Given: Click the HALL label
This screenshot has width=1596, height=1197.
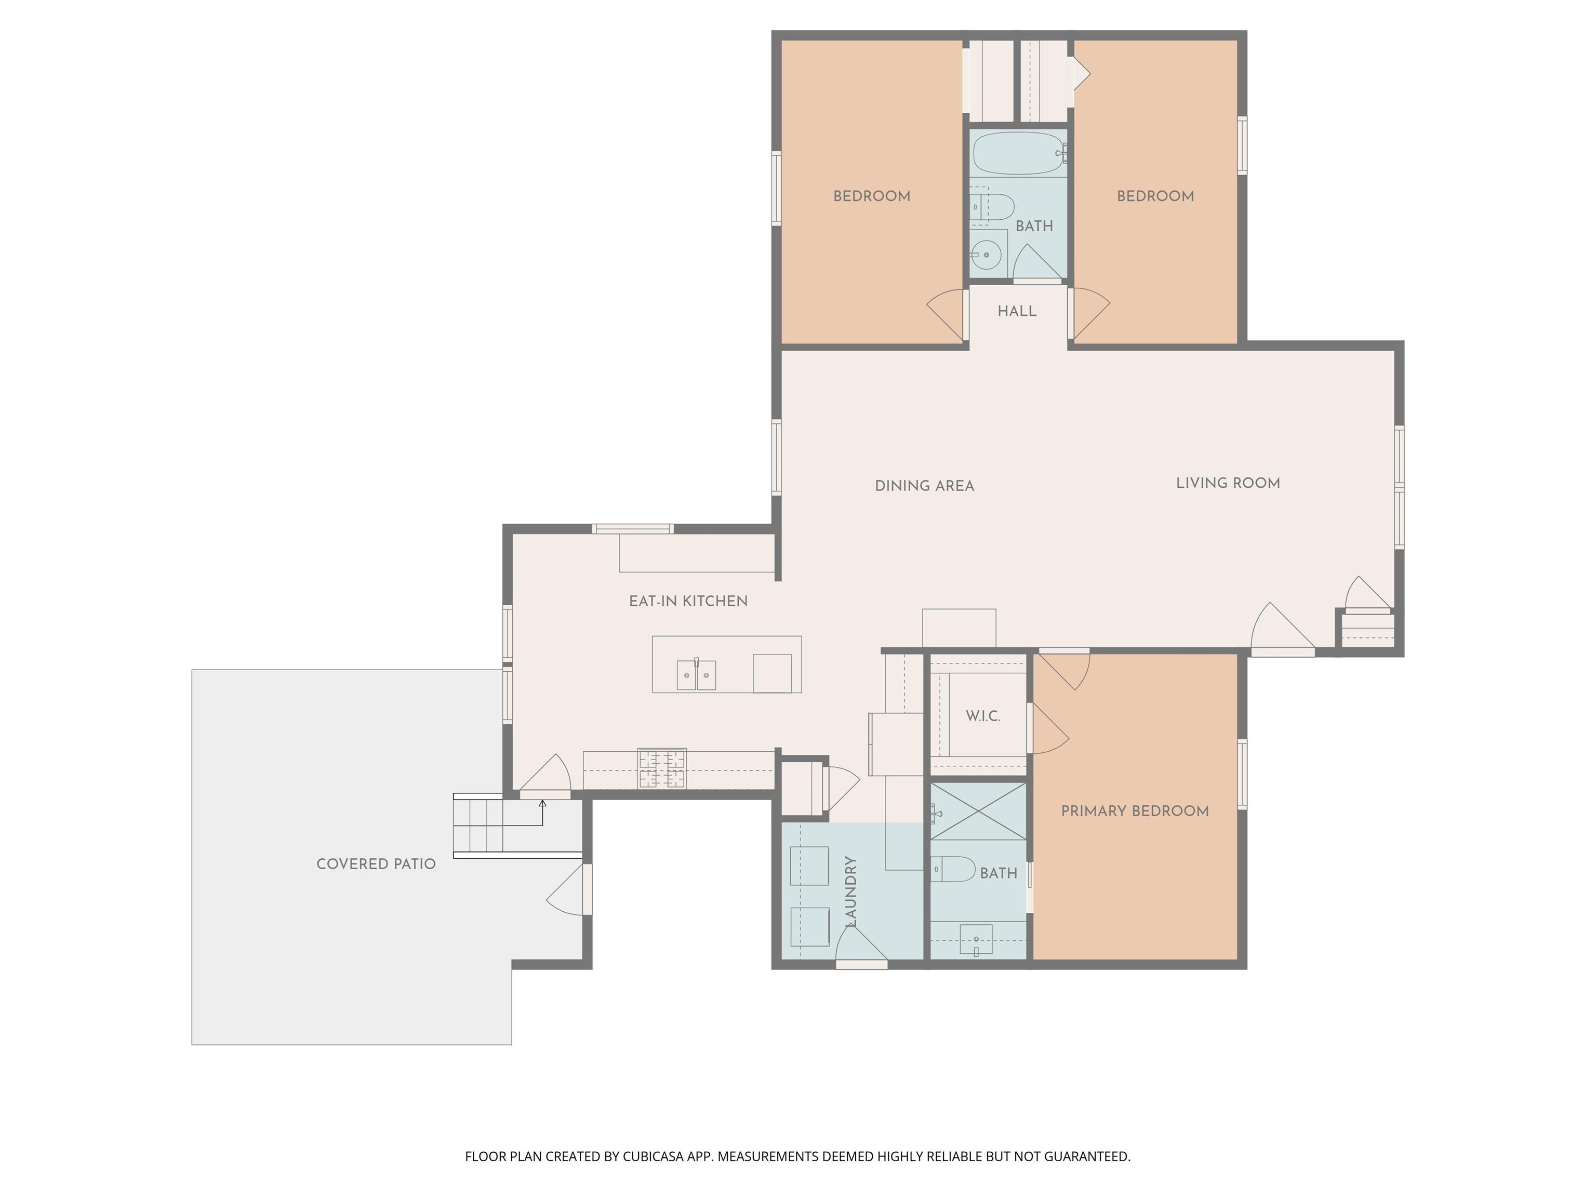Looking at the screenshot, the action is click(x=1017, y=311).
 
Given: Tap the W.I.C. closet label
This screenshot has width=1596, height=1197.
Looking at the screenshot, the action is click(x=983, y=716).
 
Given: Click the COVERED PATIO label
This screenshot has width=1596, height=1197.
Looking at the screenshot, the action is click(x=376, y=863).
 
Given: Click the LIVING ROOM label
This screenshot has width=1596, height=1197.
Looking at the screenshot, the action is click(x=1228, y=483).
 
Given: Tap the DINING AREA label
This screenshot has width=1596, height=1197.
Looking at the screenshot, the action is click(x=924, y=486).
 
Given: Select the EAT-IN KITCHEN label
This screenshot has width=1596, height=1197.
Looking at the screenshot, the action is click(x=688, y=601).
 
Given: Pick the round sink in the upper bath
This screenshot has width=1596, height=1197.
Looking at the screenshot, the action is click(x=986, y=255).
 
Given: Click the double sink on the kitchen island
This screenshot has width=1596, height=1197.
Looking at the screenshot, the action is click(x=696, y=675).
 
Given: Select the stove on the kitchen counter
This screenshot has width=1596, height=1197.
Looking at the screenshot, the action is click(x=662, y=769).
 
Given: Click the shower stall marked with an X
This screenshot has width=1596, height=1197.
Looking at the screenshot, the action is click(x=978, y=811).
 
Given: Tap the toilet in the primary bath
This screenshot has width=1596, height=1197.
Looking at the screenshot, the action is click(x=953, y=869).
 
